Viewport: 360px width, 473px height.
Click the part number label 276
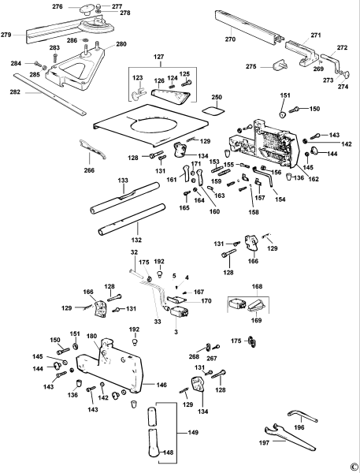[58, 6]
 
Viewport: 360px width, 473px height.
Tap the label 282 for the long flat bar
[15, 91]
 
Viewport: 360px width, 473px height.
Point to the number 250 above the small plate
[217, 97]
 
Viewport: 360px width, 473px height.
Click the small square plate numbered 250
[213, 110]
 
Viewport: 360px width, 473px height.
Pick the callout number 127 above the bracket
[158, 57]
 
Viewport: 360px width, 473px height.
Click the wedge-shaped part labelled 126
[170, 96]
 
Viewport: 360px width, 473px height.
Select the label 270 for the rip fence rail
[230, 39]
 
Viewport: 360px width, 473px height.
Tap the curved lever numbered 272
[331, 62]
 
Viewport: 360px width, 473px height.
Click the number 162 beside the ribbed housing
[314, 179]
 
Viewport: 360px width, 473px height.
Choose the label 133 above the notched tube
[123, 181]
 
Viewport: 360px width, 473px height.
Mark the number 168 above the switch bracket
[257, 286]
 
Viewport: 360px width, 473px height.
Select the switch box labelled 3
[180, 311]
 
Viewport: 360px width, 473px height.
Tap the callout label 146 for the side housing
[161, 385]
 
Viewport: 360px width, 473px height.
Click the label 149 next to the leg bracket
[193, 432]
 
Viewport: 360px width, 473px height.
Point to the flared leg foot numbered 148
[154, 443]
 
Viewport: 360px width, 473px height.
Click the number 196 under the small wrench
[299, 427]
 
